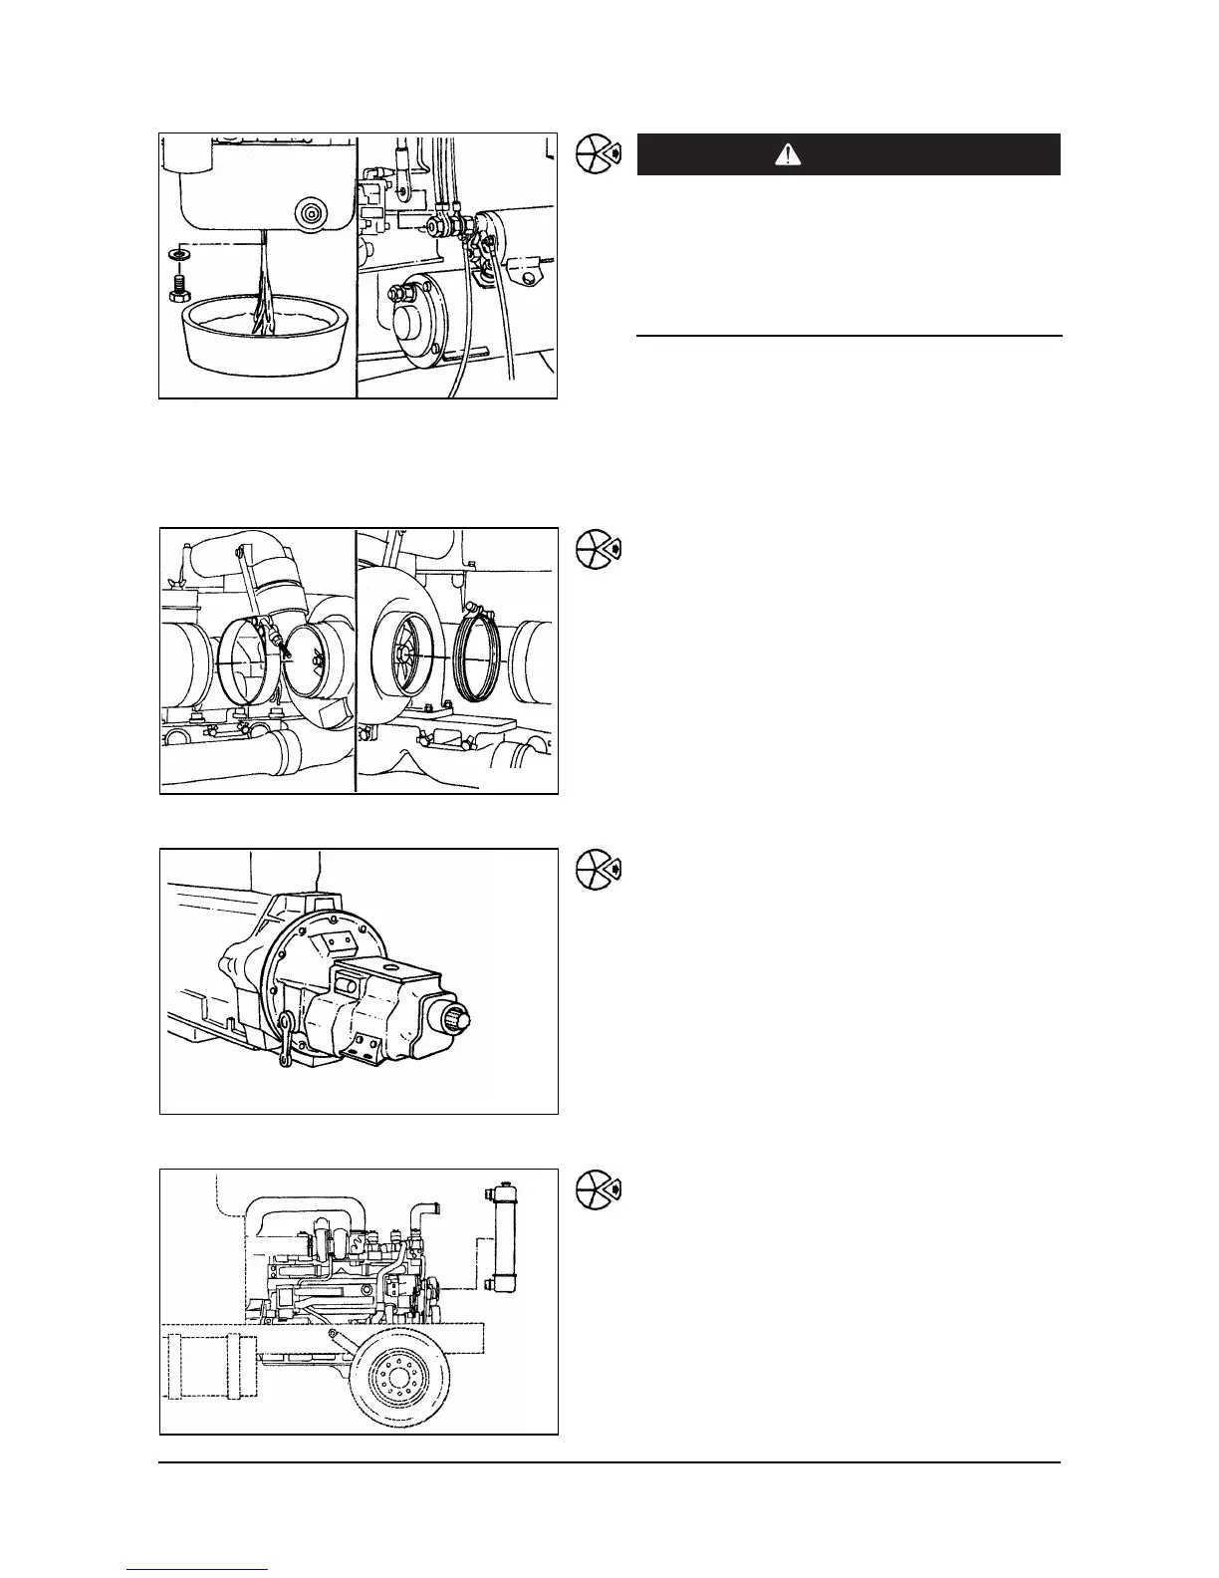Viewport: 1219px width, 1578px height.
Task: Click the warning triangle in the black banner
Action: pos(788,154)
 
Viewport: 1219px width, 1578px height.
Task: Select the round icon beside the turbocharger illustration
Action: pos(597,546)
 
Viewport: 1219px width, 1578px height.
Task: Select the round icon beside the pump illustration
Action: pos(597,868)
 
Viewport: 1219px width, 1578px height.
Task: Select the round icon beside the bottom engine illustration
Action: pos(597,1188)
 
